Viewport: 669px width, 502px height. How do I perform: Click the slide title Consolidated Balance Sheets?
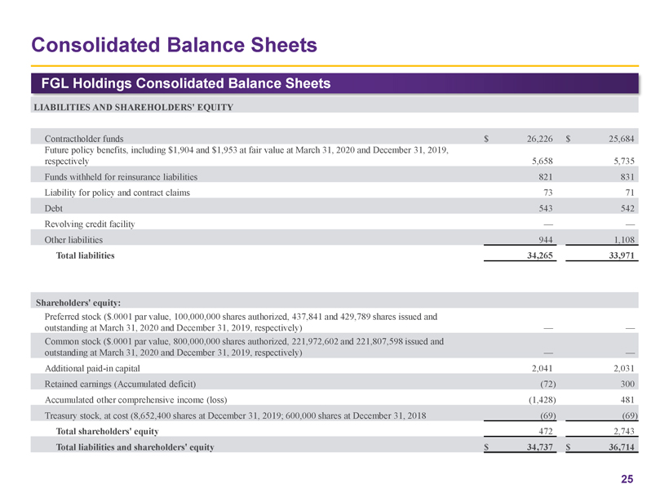172,43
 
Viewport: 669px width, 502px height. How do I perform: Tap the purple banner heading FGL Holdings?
180,83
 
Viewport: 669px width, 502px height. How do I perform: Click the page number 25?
627,479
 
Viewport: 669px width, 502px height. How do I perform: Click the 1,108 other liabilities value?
622,240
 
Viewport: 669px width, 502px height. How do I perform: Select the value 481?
627,399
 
